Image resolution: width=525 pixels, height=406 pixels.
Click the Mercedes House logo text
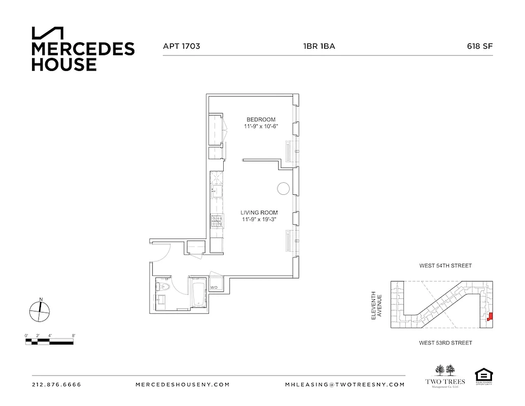[x=83, y=56]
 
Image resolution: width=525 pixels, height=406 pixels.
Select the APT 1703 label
[x=181, y=46]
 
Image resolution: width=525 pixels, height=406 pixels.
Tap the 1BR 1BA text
[x=319, y=46]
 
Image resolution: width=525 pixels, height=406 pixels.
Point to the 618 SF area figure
[x=480, y=46]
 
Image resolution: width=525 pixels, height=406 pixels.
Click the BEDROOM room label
[x=261, y=120]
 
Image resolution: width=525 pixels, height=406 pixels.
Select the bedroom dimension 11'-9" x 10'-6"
[x=261, y=126]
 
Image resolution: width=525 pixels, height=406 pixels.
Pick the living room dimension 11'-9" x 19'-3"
[x=261, y=219]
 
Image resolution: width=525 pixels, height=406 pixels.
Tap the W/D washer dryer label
[x=214, y=288]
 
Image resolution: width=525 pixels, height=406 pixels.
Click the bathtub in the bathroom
[x=198, y=295]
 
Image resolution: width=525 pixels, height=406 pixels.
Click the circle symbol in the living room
[x=283, y=189]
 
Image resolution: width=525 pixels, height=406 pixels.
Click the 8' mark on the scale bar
[x=73, y=335]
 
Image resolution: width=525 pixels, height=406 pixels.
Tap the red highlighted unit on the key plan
[x=489, y=318]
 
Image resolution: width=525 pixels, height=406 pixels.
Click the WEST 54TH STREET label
[x=445, y=265]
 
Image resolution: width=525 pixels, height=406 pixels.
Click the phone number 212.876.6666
[x=56, y=385]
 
